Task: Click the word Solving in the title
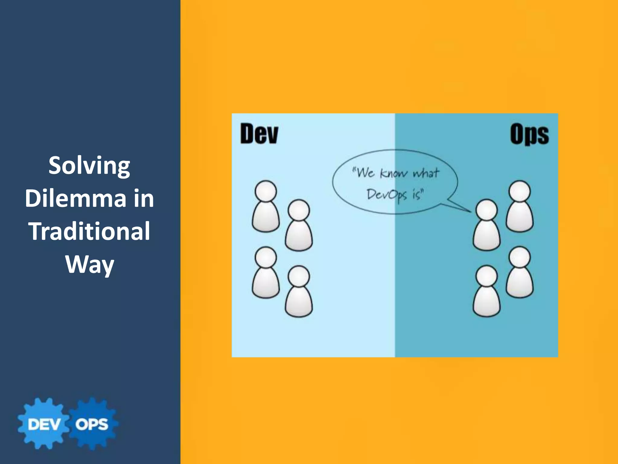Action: click(89, 166)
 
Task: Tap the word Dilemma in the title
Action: click(75, 198)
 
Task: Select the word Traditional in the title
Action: click(89, 231)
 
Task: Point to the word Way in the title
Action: click(90, 264)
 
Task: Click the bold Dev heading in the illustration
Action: click(259, 134)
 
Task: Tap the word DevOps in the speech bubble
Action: click(387, 195)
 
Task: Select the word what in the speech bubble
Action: click(426, 173)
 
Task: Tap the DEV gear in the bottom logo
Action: click(44, 424)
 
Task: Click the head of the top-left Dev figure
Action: click(266, 191)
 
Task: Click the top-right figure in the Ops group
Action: click(520, 207)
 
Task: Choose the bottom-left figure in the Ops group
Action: click(486, 291)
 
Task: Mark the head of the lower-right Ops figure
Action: click(520, 257)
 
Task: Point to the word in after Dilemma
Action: click(144, 198)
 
